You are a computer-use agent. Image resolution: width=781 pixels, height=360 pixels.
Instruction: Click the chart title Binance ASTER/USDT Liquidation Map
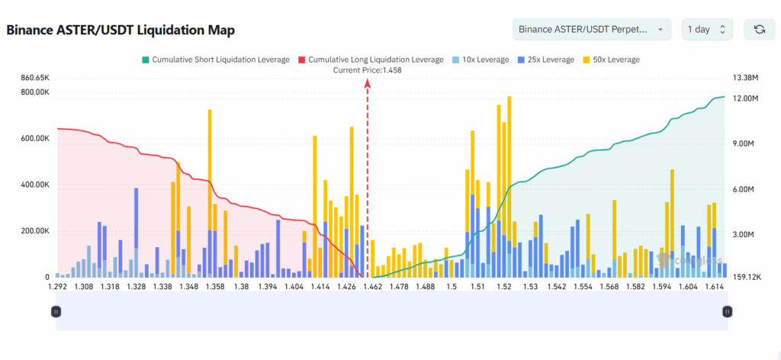pyautogui.click(x=121, y=31)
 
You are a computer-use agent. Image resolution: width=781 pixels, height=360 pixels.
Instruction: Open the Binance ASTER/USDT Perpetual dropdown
pyautogui.click(x=592, y=29)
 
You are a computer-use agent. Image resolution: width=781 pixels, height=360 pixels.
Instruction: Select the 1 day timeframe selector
pyautogui.click(x=707, y=29)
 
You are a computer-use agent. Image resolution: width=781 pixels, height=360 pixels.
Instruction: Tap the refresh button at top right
pyautogui.click(x=759, y=29)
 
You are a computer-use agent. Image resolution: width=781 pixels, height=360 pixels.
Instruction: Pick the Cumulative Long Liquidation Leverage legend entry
pyautogui.click(x=371, y=59)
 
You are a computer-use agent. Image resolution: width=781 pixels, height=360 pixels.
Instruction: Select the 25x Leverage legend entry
pyautogui.click(x=545, y=59)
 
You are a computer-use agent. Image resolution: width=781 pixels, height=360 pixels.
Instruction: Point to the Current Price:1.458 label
pyautogui.click(x=368, y=70)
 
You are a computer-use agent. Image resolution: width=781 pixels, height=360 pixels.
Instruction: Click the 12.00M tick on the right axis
pyautogui.click(x=744, y=98)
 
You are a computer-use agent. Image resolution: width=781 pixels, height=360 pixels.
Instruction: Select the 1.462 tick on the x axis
pyautogui.click(x=373, y=287)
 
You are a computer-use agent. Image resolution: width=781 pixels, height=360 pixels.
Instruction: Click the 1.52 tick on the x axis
pyautogui.click(x=503, y=287)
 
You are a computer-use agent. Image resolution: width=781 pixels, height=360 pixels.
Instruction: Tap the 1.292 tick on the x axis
pyautogui.click(x=59, y=287)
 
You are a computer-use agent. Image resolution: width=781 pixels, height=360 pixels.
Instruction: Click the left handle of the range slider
pyautogui.click(x=56, y=311)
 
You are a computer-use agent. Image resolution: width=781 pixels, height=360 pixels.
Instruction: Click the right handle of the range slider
pyautogui.click(x=727, y=311)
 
